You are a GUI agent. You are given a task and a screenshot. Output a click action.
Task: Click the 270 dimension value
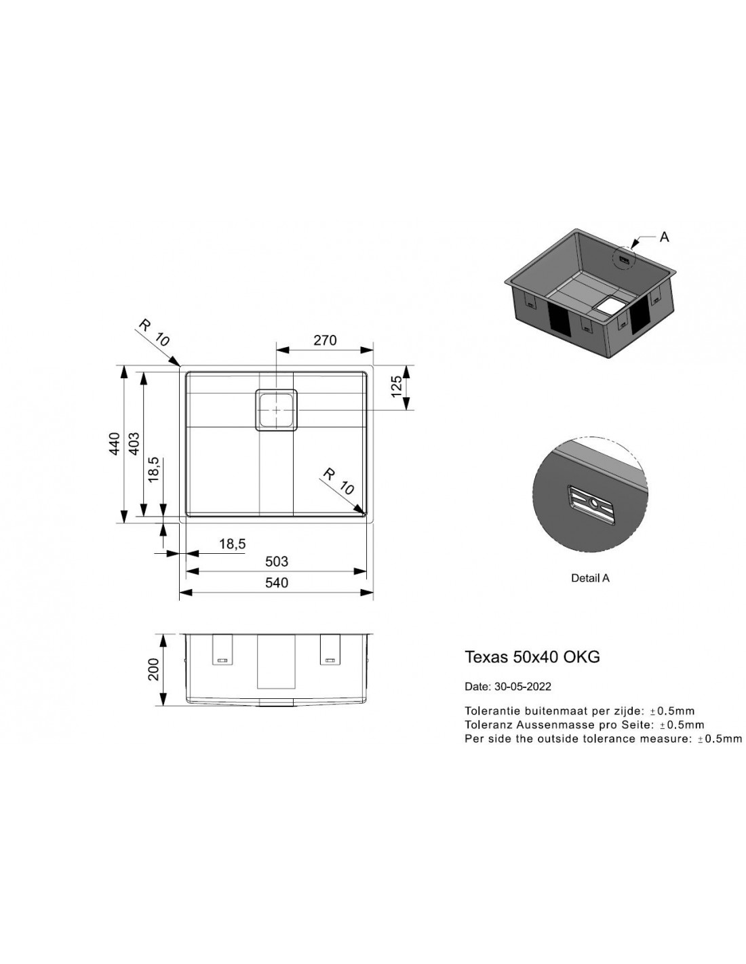pos(325,340)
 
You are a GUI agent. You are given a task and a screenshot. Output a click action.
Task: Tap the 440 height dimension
pos(115,443)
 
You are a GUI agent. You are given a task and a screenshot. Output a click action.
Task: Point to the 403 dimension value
pos(134,443)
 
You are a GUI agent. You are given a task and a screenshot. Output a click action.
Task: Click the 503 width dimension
pos(277,561)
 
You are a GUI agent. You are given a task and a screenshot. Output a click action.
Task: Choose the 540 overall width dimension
pos(277,582)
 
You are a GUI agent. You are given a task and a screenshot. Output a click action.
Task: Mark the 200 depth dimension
pos(153,670)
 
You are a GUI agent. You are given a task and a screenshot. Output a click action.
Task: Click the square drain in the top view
pos(276,410)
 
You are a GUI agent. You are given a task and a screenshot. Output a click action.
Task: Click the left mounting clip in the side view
pos(222,649)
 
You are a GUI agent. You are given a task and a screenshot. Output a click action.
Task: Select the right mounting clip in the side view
pos(330,649)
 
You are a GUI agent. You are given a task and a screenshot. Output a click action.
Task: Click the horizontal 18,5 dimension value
pos(232,544)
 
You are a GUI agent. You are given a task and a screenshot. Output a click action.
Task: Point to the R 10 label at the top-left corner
pos(153,333)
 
